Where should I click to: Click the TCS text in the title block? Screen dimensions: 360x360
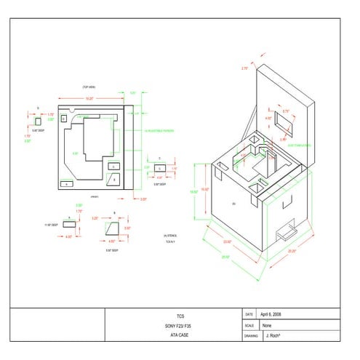pos(180,316)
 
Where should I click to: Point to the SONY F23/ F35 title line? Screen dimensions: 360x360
pos(180,326)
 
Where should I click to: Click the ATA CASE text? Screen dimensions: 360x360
pos(180,335)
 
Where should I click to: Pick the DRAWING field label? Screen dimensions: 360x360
pos(251,336)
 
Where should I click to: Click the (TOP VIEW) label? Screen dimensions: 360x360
pos(89,87)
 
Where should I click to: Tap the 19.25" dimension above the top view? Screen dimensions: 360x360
pos(89,97)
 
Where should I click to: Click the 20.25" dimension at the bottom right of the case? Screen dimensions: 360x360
pos(292,252)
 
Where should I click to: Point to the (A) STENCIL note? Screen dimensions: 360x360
pos(172,236)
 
